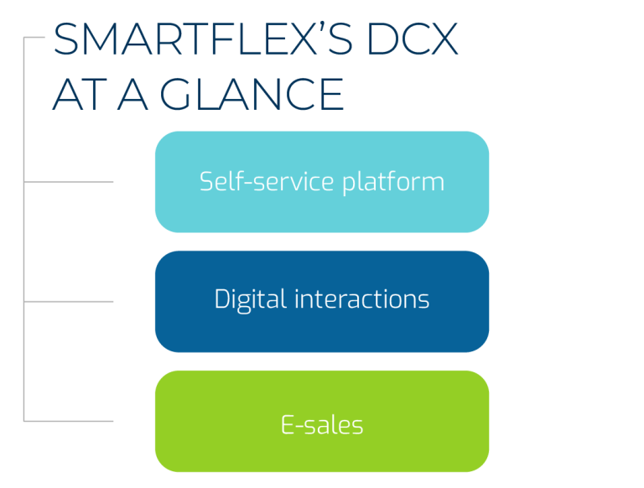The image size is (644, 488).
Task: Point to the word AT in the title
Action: point(75,95)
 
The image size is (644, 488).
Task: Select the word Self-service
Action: point(254,181)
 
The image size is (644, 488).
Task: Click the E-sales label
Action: point(322,425)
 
